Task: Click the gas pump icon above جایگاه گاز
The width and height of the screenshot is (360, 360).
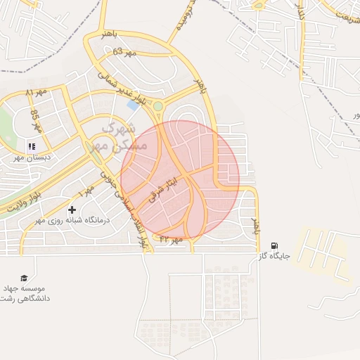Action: coord(274,245)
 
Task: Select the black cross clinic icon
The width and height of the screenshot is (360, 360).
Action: coord(72,210)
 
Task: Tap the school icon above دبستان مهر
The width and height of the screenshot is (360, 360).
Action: coord(31,147)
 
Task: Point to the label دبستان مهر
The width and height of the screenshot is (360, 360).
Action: coord(30,158)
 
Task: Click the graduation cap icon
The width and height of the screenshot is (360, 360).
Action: coord(26,278)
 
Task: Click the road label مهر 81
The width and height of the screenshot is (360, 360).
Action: coord(37,92)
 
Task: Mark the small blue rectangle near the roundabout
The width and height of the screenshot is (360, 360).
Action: coord(132,105)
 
